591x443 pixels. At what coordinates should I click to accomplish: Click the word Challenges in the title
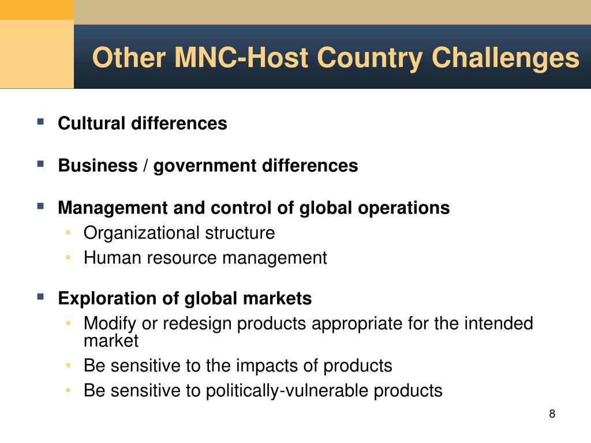pos(505,58)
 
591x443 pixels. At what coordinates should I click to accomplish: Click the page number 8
pos(552,414)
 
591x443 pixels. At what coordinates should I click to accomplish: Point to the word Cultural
pos(92,123)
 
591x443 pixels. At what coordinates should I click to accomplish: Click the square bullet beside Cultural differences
pos(40,121)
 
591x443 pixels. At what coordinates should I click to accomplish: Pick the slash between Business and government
pos(145,166)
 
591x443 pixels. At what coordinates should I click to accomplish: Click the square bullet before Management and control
pos(40,206)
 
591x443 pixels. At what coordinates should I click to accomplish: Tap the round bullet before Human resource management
pos(68,258)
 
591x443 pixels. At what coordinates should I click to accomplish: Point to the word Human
pos(113,258)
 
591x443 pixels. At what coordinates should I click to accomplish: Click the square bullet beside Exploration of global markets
pos(40,296)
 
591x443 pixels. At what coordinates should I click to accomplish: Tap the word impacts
pos(267,366)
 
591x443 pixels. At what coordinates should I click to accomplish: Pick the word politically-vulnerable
pos(287,391)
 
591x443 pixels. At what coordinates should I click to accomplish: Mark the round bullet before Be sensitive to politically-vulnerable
pos(68,391)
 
